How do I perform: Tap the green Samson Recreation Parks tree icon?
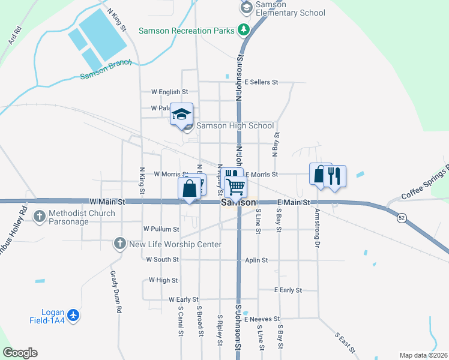243,29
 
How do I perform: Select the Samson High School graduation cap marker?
181,115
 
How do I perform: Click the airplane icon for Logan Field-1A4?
73,315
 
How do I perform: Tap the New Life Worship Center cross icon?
119,244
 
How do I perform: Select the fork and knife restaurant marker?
334,176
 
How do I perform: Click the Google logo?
20,353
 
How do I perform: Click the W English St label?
170,92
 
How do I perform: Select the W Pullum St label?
161,229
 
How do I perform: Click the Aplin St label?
256,260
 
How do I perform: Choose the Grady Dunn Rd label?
116,292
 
